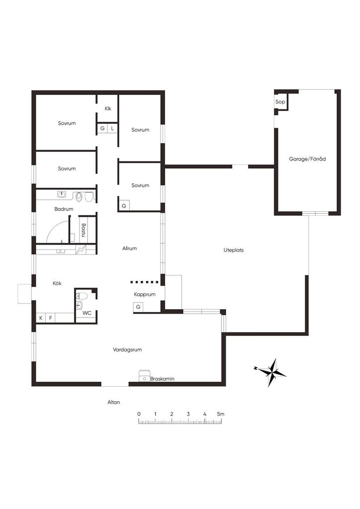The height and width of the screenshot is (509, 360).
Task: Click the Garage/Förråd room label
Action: (x=307, y=159)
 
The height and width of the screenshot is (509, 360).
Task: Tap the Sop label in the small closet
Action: (x=280, y=102)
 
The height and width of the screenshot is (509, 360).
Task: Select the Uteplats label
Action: (x=234, y=251)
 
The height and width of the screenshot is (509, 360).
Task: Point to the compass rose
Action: (x=270, y=372)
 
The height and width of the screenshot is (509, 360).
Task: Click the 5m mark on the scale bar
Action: (x=221, y=414)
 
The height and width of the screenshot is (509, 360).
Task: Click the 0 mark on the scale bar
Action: (x=139, y=414)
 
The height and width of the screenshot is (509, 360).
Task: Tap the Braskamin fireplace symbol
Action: (x=144, y=376)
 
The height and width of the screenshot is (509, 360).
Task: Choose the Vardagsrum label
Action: (x=127, y=350)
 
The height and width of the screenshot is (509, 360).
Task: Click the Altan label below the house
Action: (x=113, y=402)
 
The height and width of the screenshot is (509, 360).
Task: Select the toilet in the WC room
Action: (x=82, y=296)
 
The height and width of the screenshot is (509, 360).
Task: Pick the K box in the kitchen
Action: (x=41, y=318)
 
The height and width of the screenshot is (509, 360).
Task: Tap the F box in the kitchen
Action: (x=51, y=318)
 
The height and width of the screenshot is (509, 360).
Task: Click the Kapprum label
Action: (x=145, y=295)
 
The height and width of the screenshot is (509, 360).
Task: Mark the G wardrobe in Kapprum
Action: (x=138, y=307)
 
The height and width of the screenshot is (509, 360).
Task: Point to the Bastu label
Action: (x=84, y=230)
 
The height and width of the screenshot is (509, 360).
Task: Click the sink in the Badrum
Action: (x=62, y=194)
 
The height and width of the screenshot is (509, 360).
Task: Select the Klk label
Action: (x=108, y=109)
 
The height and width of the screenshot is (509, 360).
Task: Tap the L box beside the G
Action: (x=112, y=129)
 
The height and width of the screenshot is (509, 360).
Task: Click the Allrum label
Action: (x=129, y=249)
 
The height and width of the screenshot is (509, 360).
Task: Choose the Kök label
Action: (x=57, y=283)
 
